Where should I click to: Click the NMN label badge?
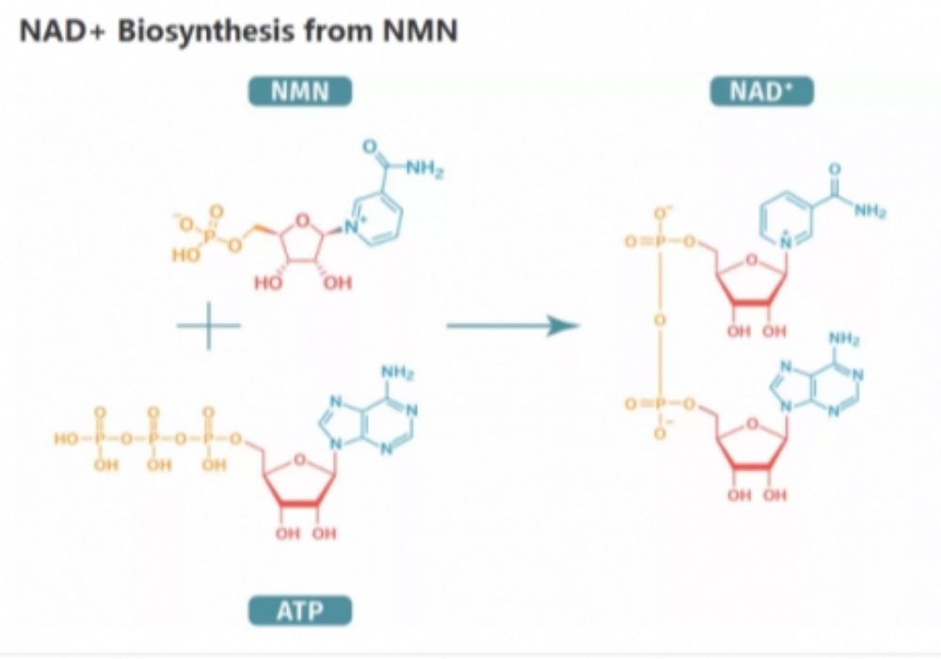(299, 91)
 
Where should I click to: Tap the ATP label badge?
(299, 612)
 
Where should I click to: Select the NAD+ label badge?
(758, 91)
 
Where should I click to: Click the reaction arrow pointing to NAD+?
(513, 326)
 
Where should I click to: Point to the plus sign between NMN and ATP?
(209, 327)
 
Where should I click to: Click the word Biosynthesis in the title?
(194, 31)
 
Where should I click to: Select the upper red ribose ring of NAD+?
(752, 281)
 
